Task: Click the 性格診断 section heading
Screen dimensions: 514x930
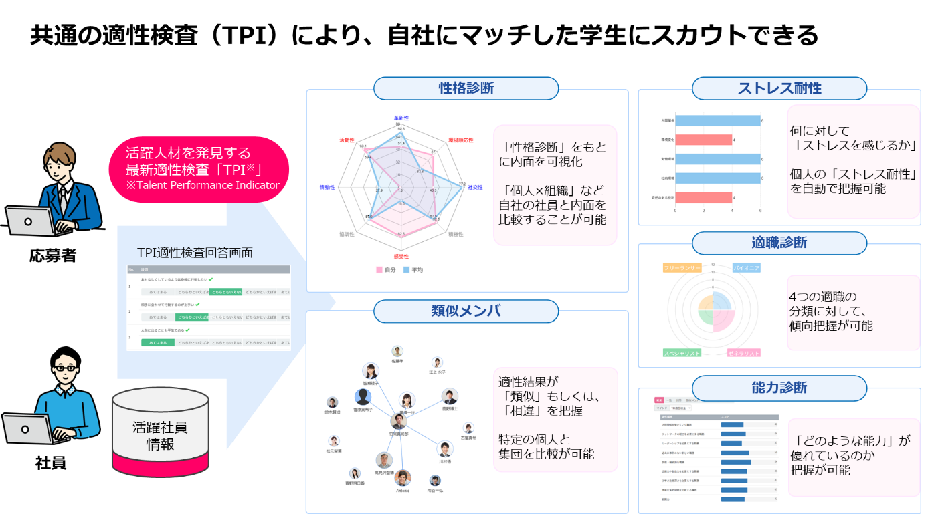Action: tap(466, 88)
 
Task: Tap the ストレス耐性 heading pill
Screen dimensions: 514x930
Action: tap(779, 88)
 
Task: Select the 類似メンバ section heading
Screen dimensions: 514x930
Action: tap(466, 311)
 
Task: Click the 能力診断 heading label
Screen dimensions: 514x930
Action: tap(779, 387)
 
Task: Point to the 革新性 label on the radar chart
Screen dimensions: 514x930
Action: tap(401, 118)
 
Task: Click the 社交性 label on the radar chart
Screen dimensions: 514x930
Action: tap(474, 188)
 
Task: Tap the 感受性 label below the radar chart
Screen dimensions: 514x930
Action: tap(401, 256)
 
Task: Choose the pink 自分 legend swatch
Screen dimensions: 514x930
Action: tap(379, 270)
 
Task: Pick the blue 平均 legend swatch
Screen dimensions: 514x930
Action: tap(406, 270)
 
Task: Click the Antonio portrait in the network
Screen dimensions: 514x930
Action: tap(402, 477)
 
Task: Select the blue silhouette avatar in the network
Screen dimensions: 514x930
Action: tap(363, 396)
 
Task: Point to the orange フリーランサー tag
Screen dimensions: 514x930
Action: tap(682, 267)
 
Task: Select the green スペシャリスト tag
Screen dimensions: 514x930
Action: tap(682, 352)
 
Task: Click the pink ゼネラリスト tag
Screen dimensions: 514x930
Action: tap(744, 352)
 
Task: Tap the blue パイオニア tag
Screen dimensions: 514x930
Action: tap(746, 267)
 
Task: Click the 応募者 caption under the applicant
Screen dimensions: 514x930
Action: tap(52, 256)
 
